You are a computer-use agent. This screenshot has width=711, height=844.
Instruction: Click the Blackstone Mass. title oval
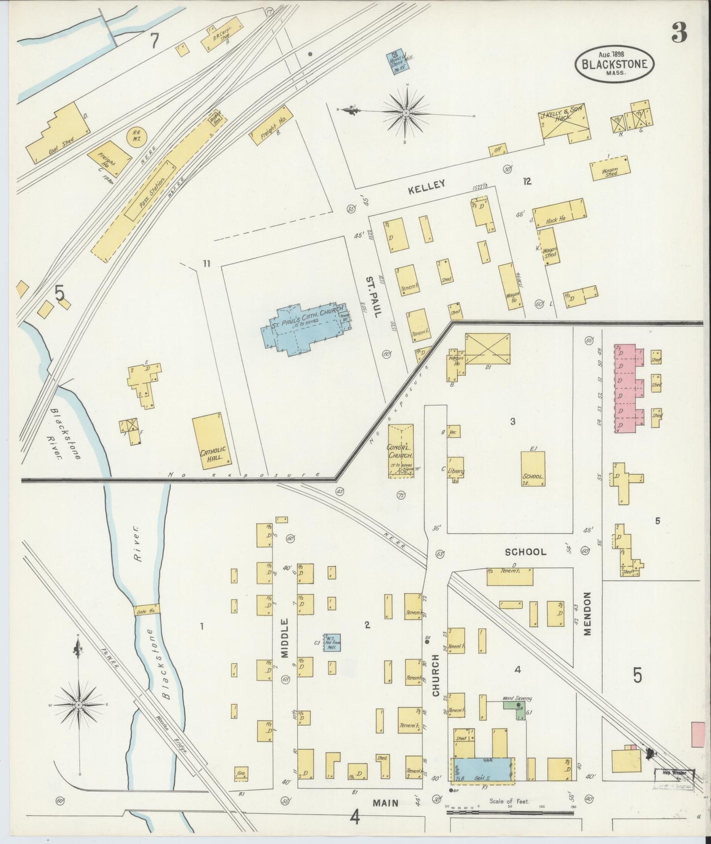615,63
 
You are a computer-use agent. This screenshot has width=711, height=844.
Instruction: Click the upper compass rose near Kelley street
406,113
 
